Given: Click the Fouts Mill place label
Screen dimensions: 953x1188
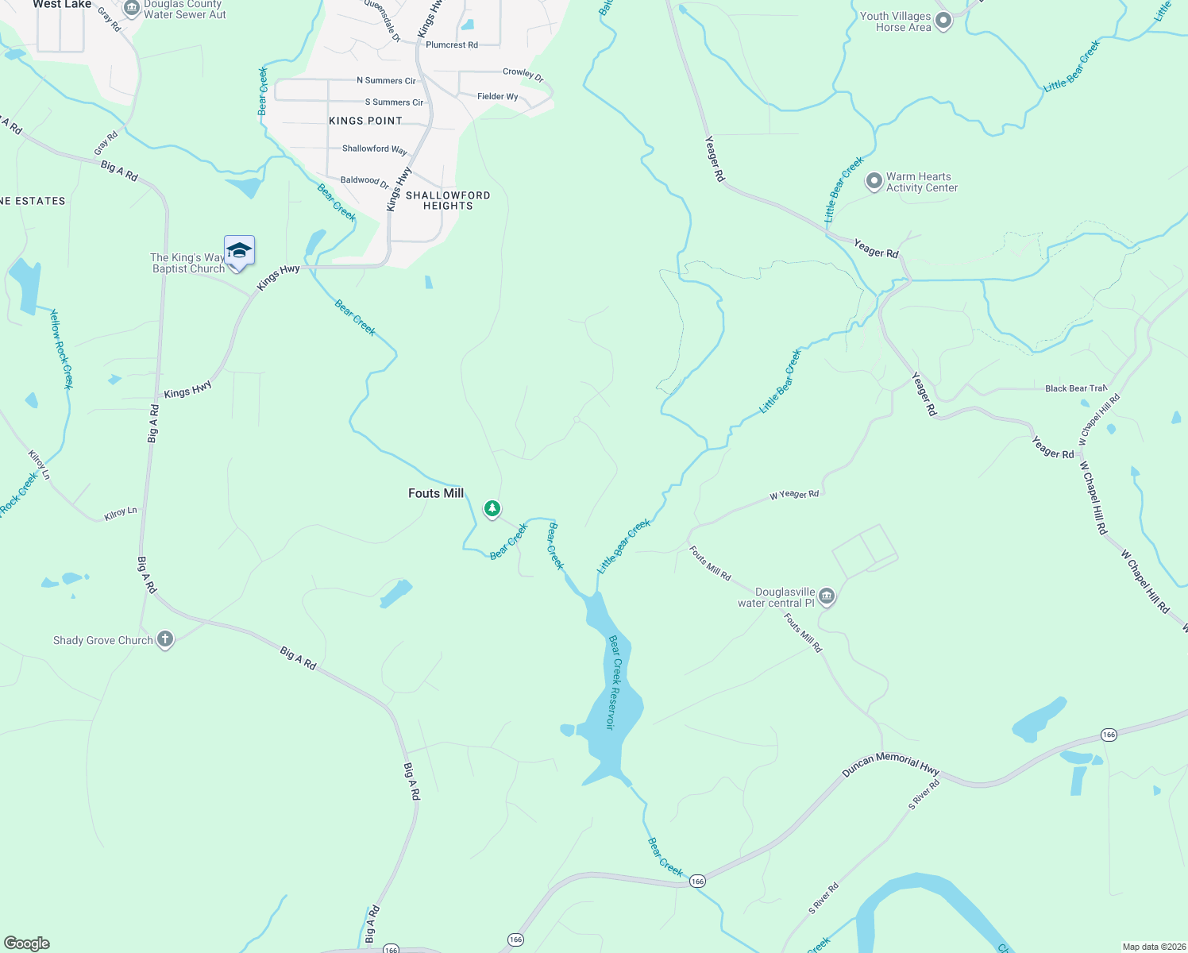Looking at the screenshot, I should [x=436, y=493].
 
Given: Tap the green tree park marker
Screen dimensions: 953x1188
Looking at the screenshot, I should [x=492, y=508].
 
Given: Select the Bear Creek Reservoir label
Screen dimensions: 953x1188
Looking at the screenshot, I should [x=613, y=682].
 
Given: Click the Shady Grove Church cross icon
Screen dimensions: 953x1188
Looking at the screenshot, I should [x=165, y=639].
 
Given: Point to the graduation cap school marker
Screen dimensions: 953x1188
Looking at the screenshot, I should [x=239, y=252].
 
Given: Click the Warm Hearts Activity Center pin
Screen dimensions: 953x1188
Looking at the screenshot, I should [x=874, y=181].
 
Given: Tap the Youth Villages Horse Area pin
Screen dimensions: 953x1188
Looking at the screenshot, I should [x=943, y=21].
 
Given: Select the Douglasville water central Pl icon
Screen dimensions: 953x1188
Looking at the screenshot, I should [x=827, y=596].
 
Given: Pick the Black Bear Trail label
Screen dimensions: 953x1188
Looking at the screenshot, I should [x=1075, y=388].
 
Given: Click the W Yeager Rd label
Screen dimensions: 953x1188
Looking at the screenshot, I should [x=794, y=495].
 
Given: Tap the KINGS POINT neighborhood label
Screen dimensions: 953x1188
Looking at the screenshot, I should [x=366, y=121].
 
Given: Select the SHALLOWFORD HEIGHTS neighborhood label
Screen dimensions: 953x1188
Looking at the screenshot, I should [x=448, y=200].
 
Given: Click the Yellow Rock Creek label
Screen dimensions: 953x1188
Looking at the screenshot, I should [x=61, y=349].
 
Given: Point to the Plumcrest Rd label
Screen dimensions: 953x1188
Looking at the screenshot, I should [x=452, y=45].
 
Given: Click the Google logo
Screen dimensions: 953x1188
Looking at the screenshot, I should [x=26, y=943].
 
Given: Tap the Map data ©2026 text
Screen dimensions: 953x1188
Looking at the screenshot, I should [x=1154, y=947].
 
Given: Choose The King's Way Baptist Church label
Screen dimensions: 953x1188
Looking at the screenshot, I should [x=188, y=263].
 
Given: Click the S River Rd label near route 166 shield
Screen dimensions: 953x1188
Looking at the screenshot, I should [x=924, y=795].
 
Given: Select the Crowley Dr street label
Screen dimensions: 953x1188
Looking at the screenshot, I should [x=523, y=74].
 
